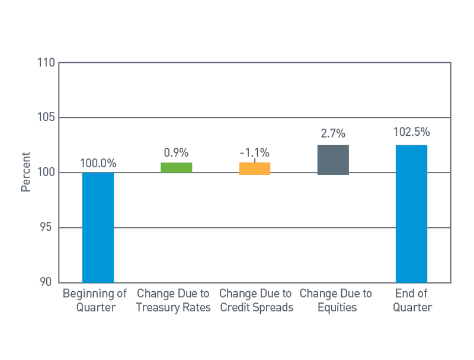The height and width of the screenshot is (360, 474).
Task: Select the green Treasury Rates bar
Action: pyautogui.click(x=176, y=167)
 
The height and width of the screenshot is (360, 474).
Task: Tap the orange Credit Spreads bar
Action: pyautogui.click(x=255, y=168)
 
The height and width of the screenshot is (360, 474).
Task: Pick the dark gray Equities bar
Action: pyautogui.click(x=333, y=160)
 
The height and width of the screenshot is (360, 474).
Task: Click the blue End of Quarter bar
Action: pyautogui.click(x=411, y=214)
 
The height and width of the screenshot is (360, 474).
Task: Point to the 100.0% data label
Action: pyautogui.click(x=98, y=163)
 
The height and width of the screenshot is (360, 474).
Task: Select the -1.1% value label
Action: pyautogui.click(x=255, y=152)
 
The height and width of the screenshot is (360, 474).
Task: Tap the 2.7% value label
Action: pyautogui.click(x=333, y=134)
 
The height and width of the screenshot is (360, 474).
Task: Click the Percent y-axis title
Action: pyautogui.click(x=25, y=173)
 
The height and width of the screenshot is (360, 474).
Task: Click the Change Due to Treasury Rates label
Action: pyautogui.click(x=174, y=301)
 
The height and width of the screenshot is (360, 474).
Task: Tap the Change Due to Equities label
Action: pyautogui.click(x=336, y=301)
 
